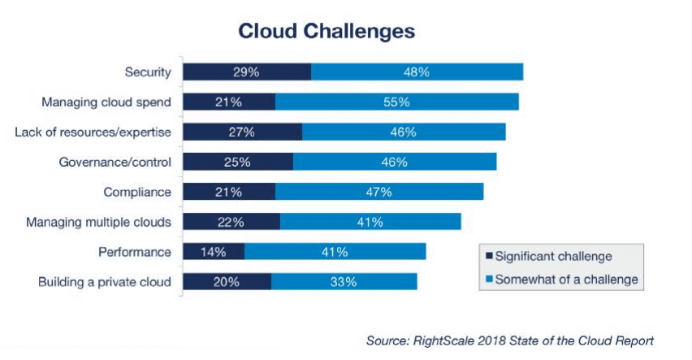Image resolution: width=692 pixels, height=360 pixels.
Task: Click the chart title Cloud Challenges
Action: pyautogui.click(x=327, y=31)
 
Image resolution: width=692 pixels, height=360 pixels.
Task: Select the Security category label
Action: pyautogui.click(x=148, y=72)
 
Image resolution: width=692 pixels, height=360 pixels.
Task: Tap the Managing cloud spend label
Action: pyautogui.click(x=106, y=102)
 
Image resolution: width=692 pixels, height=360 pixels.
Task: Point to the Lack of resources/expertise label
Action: pyautogui.click(x=93, y=132)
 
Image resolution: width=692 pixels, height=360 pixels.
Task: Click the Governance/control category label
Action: pyautogui.click(x=115, y=162)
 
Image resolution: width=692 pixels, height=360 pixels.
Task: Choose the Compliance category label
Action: pyautogui.click(x=137, y=192)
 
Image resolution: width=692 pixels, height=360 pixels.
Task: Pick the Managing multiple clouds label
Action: pyautogui.click(x=98, y=222)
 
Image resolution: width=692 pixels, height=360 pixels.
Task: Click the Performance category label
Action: pyautogui.click(x=134, y=252)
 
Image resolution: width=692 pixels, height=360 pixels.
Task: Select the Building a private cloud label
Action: pyautogui.click(x=105, y=282)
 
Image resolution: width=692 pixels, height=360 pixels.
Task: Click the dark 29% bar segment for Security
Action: pyautogui.click(x=247, y=72)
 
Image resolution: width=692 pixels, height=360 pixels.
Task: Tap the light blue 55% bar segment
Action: pyautogui.click(x=396, y=102)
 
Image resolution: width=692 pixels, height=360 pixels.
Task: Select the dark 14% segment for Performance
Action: pyautogui.click(x=214, y=252)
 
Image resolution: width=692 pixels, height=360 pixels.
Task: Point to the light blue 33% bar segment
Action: pyautogui.click(x=344, y=282)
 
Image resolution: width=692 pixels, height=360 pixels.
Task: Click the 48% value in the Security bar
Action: pyautogui.click(x=416, y=72)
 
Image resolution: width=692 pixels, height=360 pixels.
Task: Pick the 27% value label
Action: pyautogui.click(x=242, y=132)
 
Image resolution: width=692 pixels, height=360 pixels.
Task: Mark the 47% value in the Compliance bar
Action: pyautogui.click(x=378, y=192)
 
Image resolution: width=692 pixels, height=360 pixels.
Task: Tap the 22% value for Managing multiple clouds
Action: pyautogui.click(x=231, y=222)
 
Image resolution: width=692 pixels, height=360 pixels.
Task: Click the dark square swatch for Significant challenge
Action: pyautogui.click(x=489, y=257)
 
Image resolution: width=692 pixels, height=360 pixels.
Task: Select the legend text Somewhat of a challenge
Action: pyautogui.click(x=567, y=280)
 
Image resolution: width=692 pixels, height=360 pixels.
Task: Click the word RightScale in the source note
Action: pyautogui.click(x=441, y=340)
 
